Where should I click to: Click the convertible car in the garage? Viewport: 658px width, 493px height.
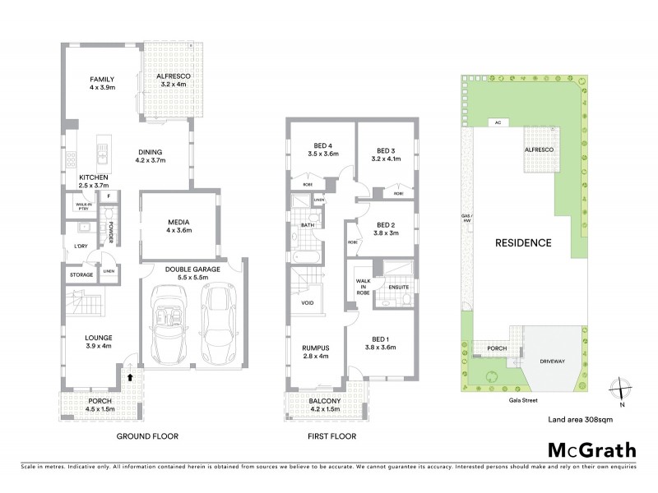click(x=170, y=325)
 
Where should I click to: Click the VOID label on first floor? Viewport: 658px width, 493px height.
click(x=308, y=302)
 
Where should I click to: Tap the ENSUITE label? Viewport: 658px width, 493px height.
click(x=398, y=288)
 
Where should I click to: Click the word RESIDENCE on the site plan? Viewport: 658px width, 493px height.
click(x=522, y=243)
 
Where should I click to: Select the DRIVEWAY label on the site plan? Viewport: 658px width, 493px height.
click(x=556, y=358)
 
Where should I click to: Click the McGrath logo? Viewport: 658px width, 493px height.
click(x=591, y=449)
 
